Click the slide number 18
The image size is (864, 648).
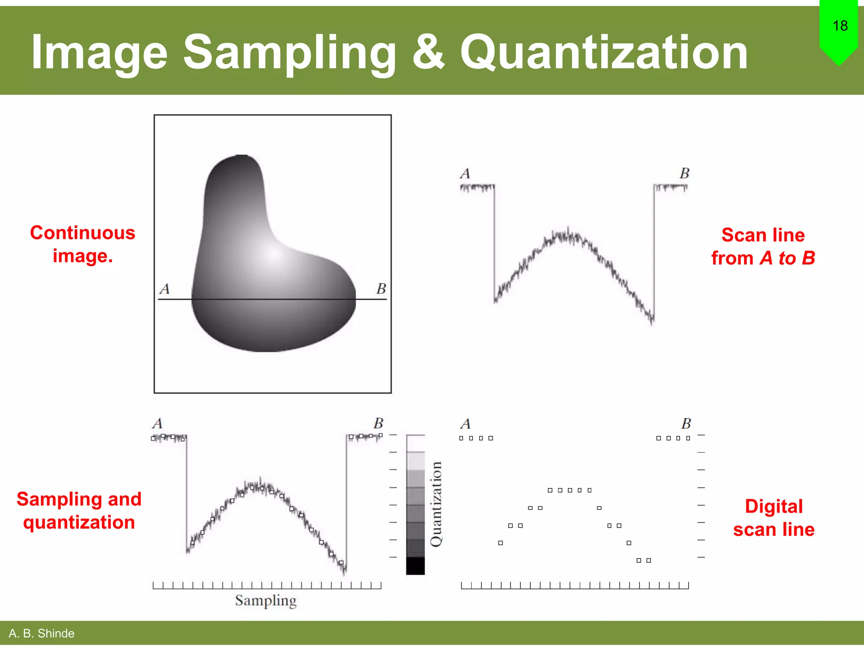coord(840,26)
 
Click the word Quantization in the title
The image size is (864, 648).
coord(604,52)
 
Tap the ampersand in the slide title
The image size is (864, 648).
coord(428,52)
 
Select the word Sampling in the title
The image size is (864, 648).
coord(289,52)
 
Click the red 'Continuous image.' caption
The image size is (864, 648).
coord(83,244)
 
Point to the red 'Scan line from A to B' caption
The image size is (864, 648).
coord(763,246)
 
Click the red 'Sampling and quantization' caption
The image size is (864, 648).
coord(79,510)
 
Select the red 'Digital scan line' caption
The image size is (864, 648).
coord(773,518)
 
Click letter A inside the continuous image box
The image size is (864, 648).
coord(165,289)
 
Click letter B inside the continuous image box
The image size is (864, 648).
coord(381,289)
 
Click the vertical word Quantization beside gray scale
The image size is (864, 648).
coord(436,504)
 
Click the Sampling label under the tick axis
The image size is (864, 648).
coord(266,600)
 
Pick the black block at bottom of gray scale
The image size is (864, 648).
coord(415,566)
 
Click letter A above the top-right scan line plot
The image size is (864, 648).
coord(465,174)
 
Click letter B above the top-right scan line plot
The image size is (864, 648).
coord(684,173)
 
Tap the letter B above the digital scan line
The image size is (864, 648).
coord(686,423)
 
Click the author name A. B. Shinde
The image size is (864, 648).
coord(41,633)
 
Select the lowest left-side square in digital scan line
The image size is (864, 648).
coord(500,543)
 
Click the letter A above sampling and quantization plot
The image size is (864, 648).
coord(157,423)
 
